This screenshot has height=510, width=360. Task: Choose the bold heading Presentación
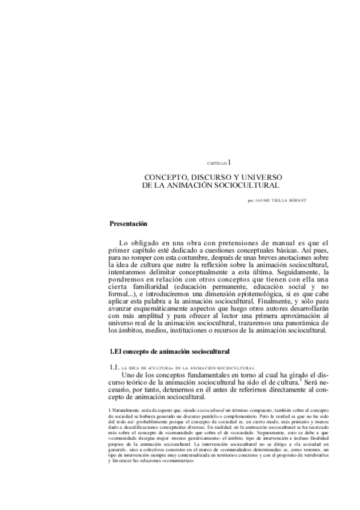pyautogui.click(x=128, y=224)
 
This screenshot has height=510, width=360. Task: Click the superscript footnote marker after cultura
pyautogui.click(x=299, y=379)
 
